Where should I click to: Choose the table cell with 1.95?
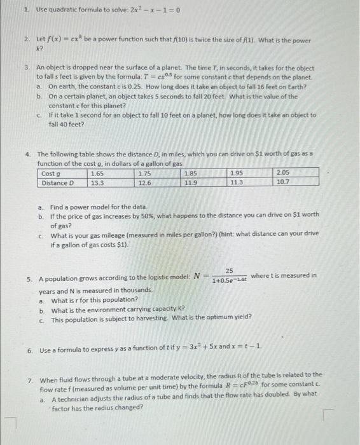tap(237, 173)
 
